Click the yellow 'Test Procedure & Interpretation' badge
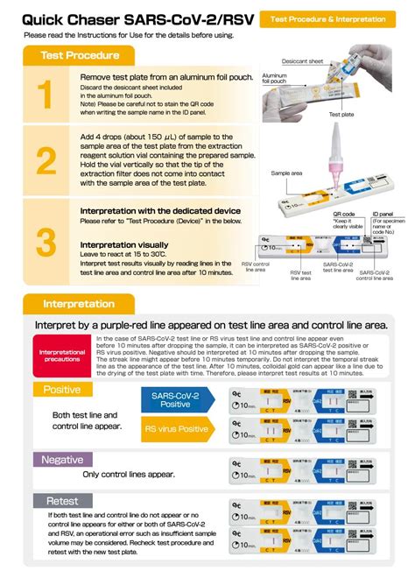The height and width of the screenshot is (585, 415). tap(328, 18)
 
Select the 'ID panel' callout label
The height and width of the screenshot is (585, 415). tap(382, 214)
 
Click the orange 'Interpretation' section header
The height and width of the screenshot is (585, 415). tap(79, 304)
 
